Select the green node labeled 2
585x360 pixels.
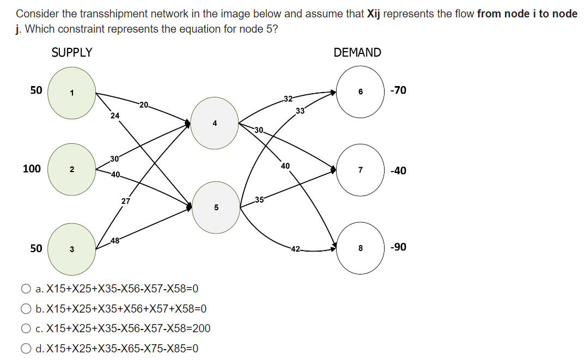click(x=72, y=169)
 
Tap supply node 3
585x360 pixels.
click(x=72, y=249)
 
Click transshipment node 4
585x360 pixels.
click(x=215, y=123)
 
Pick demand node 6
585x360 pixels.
click(x=360, y=91)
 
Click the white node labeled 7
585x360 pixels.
click(x=360, y=170)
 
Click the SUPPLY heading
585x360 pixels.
click(x=72, y=53)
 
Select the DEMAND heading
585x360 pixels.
click(x=357, y=53)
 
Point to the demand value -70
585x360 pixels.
click(x=398, y=90)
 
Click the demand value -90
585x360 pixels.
click(x=398, y=247)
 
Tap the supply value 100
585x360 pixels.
click(x=32, y=169)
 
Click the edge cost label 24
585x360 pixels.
click(x=114, y=115)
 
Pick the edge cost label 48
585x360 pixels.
click(x=115, y=241)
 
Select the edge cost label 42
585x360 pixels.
click(x=295, y=249)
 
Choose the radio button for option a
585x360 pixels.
click(x=26, y=289)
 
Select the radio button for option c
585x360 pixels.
click(x=26, y=328)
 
